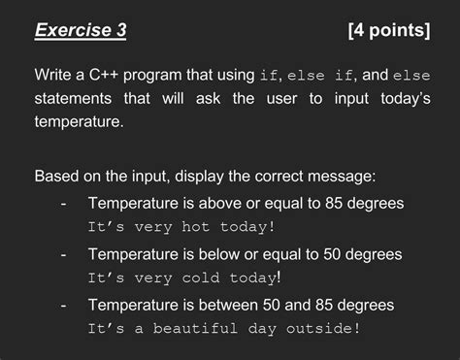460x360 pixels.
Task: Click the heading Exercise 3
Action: click(x=81, y=31)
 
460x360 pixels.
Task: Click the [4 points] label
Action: click(x=388, y=31)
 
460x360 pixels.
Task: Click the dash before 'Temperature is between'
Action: click(x=63, y=305)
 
